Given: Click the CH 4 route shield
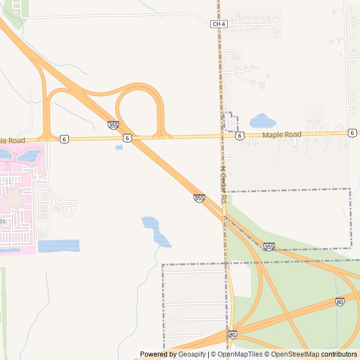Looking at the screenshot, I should point(219,24).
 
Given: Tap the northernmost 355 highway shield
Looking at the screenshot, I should point(113,125).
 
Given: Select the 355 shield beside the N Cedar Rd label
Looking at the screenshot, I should point(199,198).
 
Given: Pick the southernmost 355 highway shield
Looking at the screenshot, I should point(269,247).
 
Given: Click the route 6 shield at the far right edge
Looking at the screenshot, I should point(352,133).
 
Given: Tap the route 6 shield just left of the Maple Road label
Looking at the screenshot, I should point(240,136).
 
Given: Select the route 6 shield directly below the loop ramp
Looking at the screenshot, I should point(128,138).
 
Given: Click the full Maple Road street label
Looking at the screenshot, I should point(282,135).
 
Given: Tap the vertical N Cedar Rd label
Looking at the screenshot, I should point(223,184).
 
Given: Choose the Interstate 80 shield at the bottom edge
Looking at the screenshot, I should point(232,335).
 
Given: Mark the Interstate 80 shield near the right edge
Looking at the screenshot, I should point(340,302).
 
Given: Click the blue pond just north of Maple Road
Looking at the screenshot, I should point(262,121).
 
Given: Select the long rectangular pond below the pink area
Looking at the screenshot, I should point(58,246).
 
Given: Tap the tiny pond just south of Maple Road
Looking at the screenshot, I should point(119,147).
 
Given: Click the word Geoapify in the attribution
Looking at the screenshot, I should point(192,354).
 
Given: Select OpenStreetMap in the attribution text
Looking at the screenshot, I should point(292,354).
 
